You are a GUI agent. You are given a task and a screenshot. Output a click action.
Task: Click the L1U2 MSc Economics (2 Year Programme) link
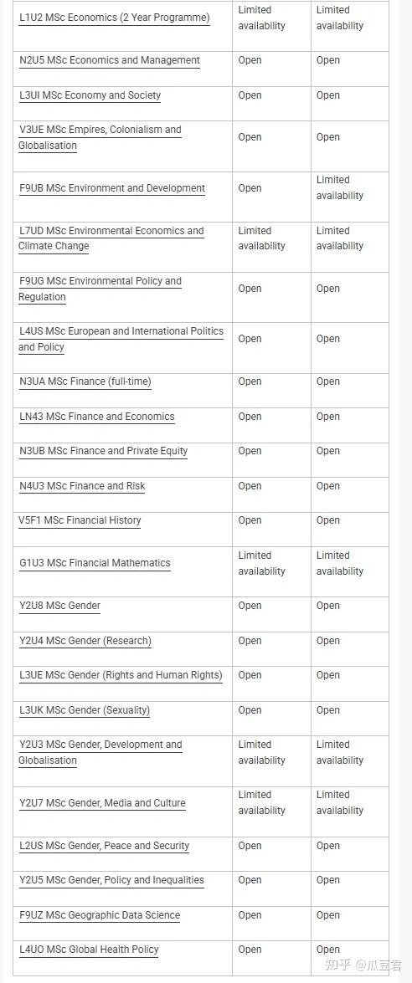[x=114, y=18]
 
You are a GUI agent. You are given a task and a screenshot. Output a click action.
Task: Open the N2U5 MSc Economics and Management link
[x=110, y=60]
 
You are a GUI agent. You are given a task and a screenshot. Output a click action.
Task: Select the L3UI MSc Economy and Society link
[x=90, y=95]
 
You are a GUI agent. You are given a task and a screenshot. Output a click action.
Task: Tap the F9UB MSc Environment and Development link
[x=112, y=188]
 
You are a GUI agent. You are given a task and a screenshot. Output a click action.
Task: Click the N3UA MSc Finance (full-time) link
[x=85, y=381]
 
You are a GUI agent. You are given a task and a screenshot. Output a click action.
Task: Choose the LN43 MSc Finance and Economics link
[x=97, y=417]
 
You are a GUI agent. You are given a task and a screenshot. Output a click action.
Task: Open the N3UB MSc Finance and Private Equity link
[x=104, y=451]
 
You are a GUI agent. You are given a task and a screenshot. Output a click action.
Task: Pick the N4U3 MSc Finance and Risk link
[x=82, y=486]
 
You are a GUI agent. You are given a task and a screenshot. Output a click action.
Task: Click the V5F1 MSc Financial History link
[x=80, y=520]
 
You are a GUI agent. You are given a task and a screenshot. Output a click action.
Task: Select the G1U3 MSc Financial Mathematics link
[x=95, y=563]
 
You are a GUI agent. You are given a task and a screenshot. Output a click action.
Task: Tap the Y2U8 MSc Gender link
[x=59, y=606]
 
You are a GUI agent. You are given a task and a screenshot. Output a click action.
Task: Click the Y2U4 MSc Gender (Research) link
[x=85, y=641]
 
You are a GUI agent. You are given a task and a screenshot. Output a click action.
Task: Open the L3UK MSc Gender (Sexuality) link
[x=85, y=710]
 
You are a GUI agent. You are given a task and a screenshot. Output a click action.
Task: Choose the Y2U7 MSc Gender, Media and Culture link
[x=102, y=803]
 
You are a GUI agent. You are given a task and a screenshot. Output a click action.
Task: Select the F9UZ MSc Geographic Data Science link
[x=100, y=915]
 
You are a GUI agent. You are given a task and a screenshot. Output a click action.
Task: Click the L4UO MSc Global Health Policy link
[x=89, y=950]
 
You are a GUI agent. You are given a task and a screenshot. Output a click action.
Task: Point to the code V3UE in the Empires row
[x=30, y=130]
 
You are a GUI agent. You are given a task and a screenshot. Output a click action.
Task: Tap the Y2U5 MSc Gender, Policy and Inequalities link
[x=111, y=880]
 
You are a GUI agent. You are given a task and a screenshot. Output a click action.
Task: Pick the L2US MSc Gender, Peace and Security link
[x=105, y=846]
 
